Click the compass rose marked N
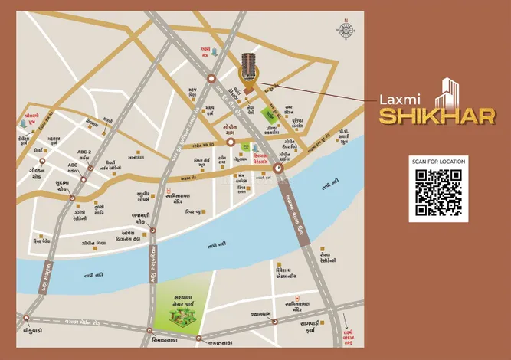[x=345, y=30]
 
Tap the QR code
[x=438, y=191]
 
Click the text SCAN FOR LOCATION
[x=438, y=162]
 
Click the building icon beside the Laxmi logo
[x=446, y=93]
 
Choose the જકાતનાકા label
[x=222, y=343]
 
